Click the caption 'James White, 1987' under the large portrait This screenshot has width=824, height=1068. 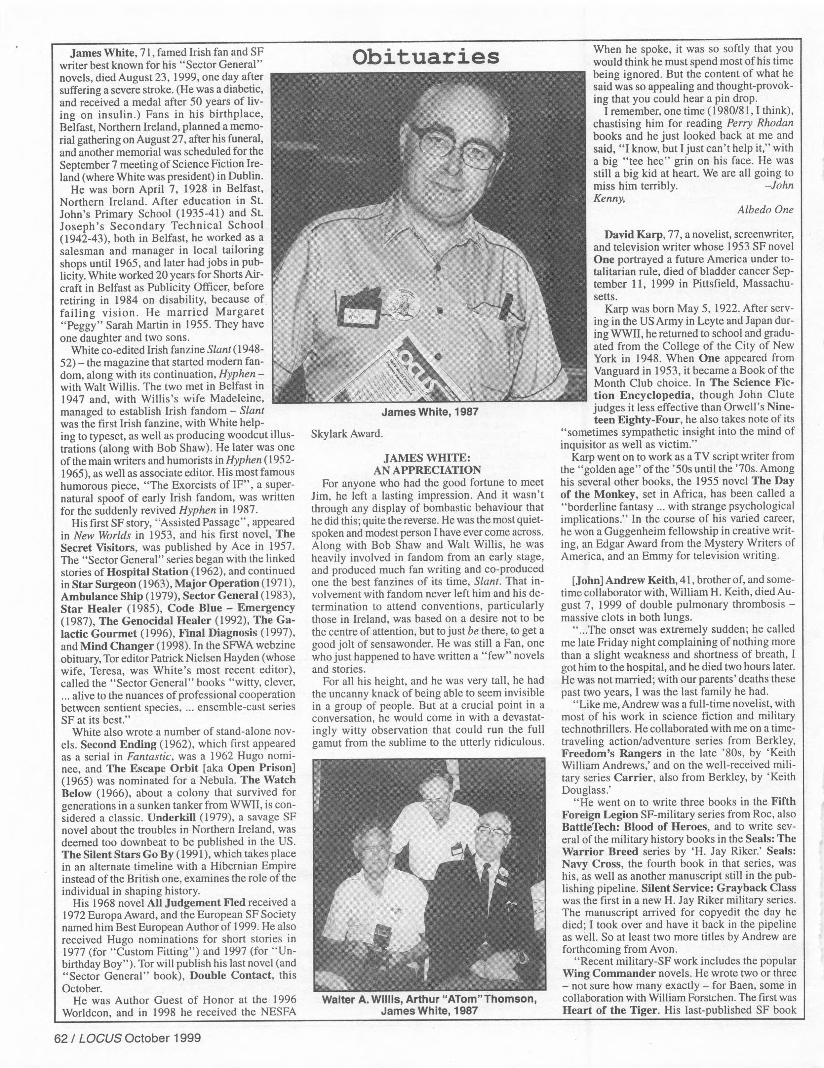click(429, 412)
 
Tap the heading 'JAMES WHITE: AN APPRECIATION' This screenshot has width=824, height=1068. click(427, 463)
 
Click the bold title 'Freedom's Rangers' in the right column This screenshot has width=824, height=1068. click(611, 753)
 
